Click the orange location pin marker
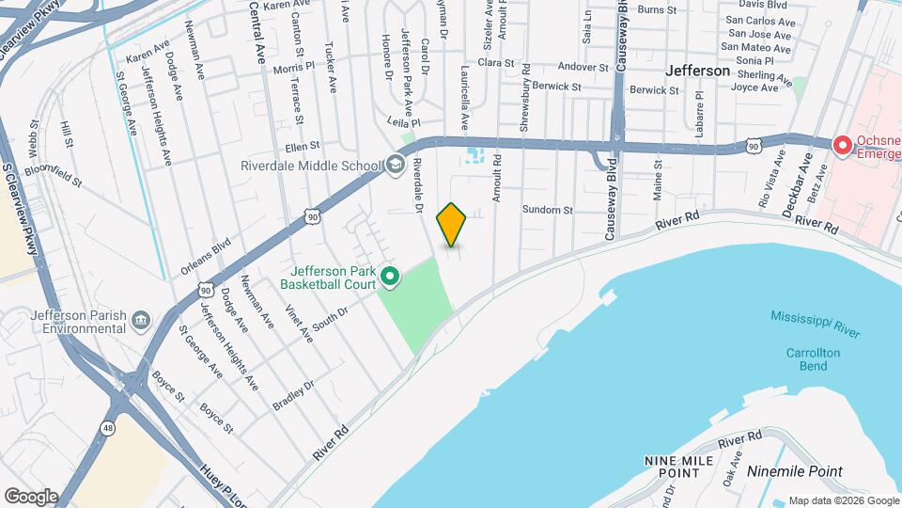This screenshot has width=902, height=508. pos(452,224)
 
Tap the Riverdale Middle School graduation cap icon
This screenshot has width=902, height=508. pos(395,167)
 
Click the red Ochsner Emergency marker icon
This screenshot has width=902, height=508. pos(843,146)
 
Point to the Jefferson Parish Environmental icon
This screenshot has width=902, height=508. pos(141,322)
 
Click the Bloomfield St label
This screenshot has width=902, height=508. pos(54,176)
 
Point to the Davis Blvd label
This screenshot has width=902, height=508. pos(763,5)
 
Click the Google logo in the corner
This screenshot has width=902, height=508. pos(31,495)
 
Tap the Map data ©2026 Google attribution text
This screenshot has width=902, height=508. pos(843,500)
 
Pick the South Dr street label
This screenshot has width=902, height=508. pos(330,318)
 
